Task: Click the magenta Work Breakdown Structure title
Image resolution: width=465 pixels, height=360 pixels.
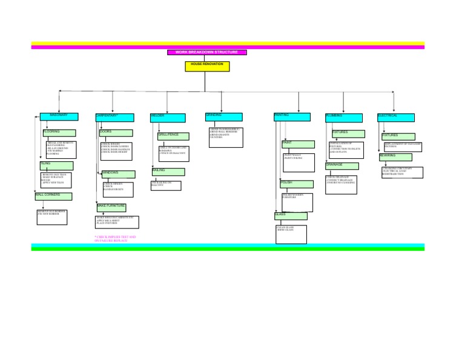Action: click(x=207, y=52)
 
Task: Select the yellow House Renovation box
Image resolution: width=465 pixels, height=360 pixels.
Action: click(x=207, y=66)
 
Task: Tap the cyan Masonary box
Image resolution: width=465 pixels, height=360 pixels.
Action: click(x=59, y=116)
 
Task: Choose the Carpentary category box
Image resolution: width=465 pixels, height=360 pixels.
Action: click(x=114, y=117)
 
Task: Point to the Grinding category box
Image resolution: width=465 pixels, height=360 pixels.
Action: click(x=223, y=116)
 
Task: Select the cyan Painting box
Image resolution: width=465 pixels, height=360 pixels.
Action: click(x=292, y=116)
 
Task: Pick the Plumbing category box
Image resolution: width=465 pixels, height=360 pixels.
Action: click(x=343, y=118)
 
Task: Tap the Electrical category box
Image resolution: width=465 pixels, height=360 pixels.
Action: click(x=396, y=118)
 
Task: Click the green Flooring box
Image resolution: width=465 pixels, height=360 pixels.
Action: click(x=59, y=133)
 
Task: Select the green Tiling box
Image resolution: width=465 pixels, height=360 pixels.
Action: click(x=56, y=165)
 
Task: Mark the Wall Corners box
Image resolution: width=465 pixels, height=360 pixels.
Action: click(x=53, y=196)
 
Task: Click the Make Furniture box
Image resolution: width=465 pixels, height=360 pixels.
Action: click(x=111, y=207)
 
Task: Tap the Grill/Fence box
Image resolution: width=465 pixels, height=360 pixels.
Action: click(x=173, y=136)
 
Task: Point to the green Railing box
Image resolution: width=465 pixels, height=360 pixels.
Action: click(x=168, y=172)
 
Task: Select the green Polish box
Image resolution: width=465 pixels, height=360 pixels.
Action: click(x=297, y=184)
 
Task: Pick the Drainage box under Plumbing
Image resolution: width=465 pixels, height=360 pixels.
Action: click(x=341, y=166)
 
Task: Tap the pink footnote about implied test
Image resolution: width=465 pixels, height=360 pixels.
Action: click(x=116, y=239)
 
